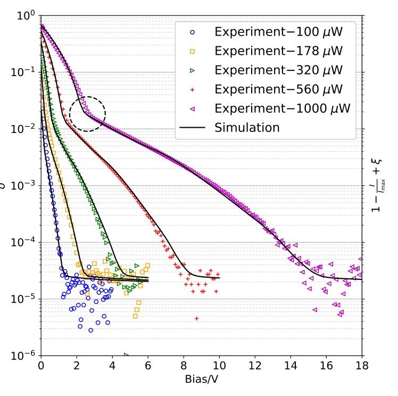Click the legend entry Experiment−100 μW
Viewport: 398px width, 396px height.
coord(277,32)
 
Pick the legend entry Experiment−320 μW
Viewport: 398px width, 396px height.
coord(277,70)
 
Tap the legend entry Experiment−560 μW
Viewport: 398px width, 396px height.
coord(277,89)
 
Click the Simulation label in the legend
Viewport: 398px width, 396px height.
coord(247,128)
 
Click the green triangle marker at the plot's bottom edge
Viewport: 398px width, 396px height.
coord(127,354)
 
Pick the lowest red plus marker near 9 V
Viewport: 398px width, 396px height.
coord(196,318)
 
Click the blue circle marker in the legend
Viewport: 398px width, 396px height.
coord(193,32)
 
